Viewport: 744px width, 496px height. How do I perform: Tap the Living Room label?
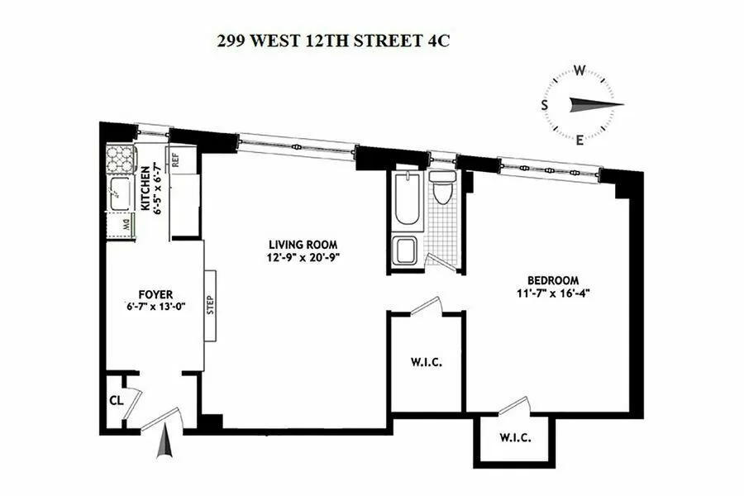click(x=303, y=244)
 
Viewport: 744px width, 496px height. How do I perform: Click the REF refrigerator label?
click(x=175, y=158)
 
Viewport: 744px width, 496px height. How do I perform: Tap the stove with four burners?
click(x=121, y=157)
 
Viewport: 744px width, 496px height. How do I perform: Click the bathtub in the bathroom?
click(x=408, y=201)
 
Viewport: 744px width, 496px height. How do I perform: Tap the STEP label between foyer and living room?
click(x=210, y=306)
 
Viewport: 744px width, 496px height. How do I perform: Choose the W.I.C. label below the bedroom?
click(x=515, y=438)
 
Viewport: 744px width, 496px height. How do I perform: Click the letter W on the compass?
click(x=580, y=70)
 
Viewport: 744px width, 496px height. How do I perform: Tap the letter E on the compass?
click(x=580, y=139)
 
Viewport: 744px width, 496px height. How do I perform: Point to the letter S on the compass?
click(x=546, y=104)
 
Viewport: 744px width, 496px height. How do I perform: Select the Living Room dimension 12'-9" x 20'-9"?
click(x=303, y=257)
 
